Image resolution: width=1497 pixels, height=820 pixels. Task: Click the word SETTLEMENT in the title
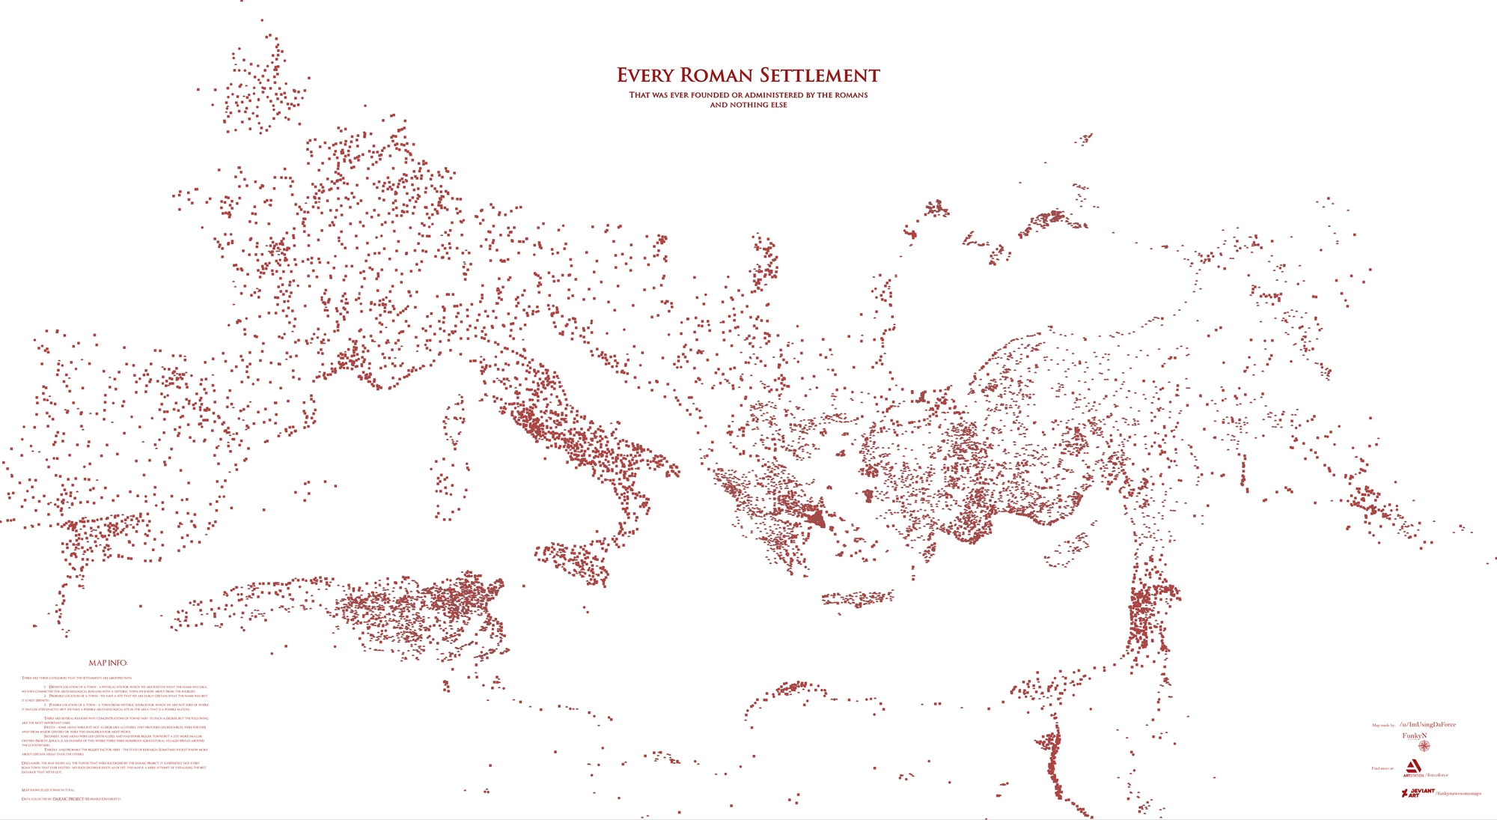[x=820, y=76]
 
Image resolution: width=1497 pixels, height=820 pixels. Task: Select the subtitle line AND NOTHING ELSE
[x=748, y=105]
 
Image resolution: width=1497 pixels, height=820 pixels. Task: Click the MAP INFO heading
[x=108, y=663]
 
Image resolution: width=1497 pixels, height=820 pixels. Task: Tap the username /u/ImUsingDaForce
[x=1427, y=725]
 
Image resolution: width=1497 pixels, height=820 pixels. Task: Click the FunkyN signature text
[x=1415, y=736]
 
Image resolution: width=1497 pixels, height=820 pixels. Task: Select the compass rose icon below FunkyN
[x=1424, y=747]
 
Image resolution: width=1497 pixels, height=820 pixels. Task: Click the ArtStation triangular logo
[x=1412, y=766]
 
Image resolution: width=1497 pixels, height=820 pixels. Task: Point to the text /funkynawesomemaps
[x=1458, y=793]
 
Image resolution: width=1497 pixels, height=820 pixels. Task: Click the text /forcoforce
[x=1436, y=775]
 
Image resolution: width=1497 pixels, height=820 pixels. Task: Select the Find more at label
[x=1382, y=768]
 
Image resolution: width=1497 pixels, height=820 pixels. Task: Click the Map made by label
[x=1383, y=726]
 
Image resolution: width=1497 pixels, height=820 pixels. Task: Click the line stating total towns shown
[x=48, y=790]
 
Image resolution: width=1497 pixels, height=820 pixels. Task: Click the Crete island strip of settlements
[x=857, y=598]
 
